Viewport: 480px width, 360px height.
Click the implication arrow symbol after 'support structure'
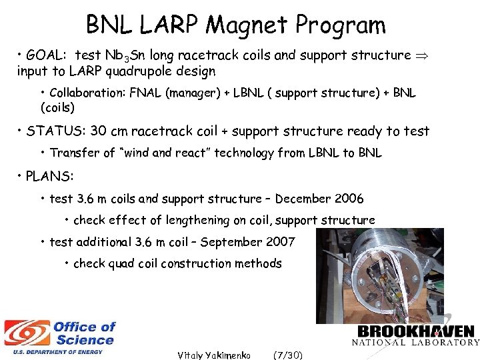coord(421,56)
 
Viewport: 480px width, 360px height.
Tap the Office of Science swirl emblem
coord(27,332)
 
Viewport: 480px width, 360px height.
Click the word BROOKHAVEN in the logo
coord(416,331)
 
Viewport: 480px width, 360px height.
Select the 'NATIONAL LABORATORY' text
coord(416,343)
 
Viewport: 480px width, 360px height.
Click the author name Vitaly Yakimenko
coord(213,355)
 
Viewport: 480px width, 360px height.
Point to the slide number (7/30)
coord(288,355)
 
